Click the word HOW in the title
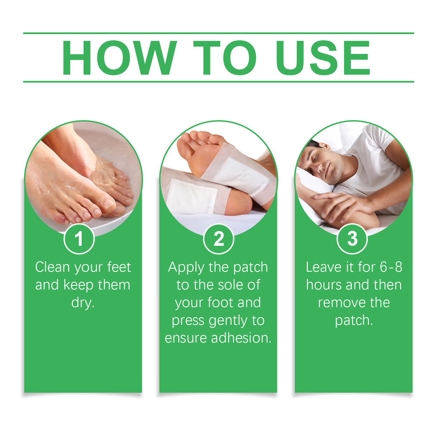pyautogui.click(x=119, y=58)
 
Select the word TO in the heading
pyautogui.click(x=225, y=58)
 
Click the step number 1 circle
pyautogui.click(x=79, y=239)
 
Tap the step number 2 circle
pyautogui.click(x=218, y=239)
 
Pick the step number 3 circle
pyautogui.click(x=352, y=239)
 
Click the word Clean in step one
pyautogui.click(x=52, y=267)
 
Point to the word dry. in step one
pyautogui.click(x=83, y=302)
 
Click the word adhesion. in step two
pyautogui.click(x=241, y=338)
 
